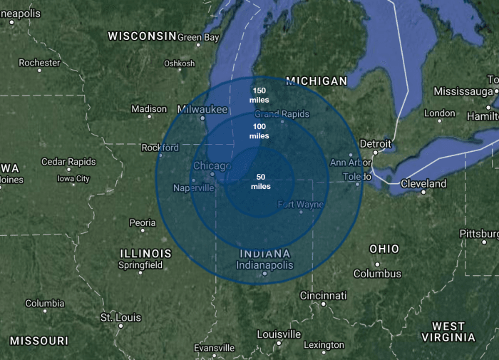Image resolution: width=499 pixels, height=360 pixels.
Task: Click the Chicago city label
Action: click(212, 166)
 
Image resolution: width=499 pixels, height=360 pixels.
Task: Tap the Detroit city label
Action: click(376, 143)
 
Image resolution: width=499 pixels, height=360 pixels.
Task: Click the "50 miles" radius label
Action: click(261, 182)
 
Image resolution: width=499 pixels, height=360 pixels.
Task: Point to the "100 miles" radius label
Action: click(259, 131)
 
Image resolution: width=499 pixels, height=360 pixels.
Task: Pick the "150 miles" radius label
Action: click(259, 95)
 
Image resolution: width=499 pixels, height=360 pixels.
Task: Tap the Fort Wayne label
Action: click(301, 205)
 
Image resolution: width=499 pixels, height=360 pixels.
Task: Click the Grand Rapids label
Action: click(282, 114)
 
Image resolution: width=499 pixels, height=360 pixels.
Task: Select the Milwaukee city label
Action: click(202, 109)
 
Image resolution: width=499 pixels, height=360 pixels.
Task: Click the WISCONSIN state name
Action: click(141, 35)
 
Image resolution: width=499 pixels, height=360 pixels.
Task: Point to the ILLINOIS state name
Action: click(146, 253)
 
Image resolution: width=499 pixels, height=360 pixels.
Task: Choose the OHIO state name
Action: click(384, 249)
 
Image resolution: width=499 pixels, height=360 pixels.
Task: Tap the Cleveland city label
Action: click(423, 183)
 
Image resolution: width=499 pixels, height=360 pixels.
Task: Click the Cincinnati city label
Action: click(324, 295)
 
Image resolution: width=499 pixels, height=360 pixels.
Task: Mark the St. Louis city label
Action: click(120, 317)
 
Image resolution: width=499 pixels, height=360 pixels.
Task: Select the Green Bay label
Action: click(198, 37)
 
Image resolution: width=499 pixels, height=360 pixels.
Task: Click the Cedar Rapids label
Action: click(68, 162)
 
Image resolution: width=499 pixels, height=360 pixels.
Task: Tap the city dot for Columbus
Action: click(358, 273)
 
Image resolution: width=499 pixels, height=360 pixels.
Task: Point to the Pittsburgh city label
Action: click(480, 233)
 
